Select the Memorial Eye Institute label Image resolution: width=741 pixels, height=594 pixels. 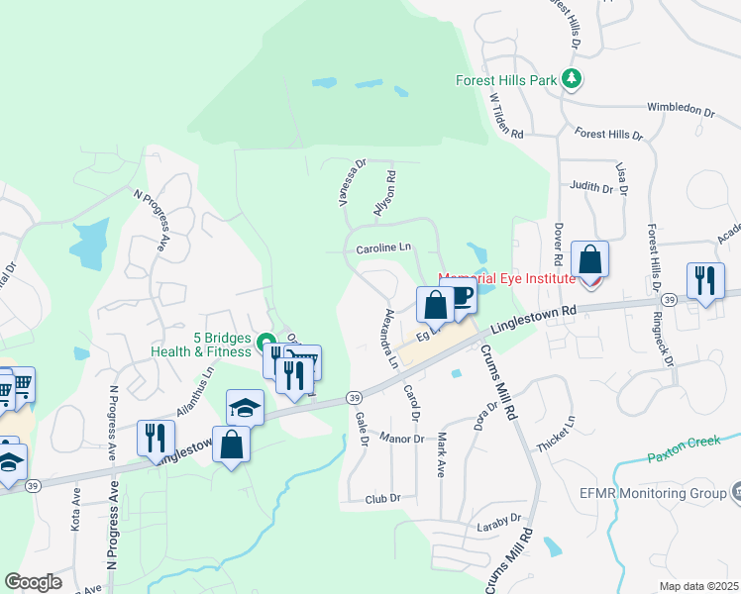(x=507, y=279)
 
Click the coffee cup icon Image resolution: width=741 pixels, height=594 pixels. (x=461, y=298)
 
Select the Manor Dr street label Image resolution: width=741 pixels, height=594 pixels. (x=401, y=438)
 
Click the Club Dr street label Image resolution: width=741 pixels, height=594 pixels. (x=381, y=499)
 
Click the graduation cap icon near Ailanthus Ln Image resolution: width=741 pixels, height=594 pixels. (x=245, y=407)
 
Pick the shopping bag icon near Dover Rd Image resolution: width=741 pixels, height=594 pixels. (x=589, y=260)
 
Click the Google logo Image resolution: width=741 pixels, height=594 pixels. (x=33, y=581)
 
